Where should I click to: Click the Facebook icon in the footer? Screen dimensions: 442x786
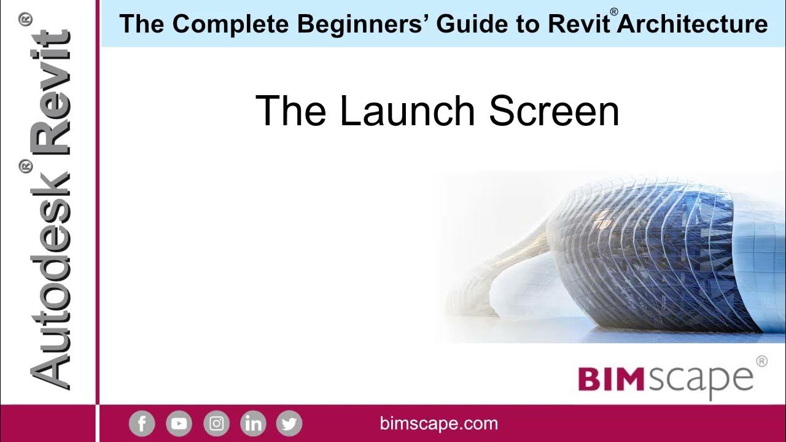pyautogui.click(x=142, y=424)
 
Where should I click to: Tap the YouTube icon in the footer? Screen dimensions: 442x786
pyautogui.click(x=179, y=424)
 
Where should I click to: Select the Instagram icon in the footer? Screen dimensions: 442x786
pyautogui.click(x=216, y=424)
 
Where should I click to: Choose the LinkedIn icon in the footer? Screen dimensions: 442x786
pyautogui.click(x=253, y=424)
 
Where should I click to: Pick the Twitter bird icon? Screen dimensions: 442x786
pyautogui.click(x=289, y=424)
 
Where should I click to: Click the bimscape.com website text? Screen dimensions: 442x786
pyautogui.click(x=439, y=424)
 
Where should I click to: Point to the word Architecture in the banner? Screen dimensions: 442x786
pyautogui.click(x=693, y=25)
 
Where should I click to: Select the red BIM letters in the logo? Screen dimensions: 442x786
pyautogui.click(x=611, y=379)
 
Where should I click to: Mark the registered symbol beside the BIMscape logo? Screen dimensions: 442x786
pyautogui.click(x=761, y=362)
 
